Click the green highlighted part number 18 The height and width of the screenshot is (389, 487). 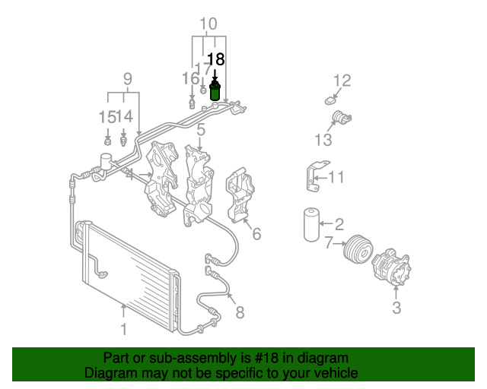tap(215, 90)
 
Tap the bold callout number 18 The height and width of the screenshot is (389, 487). tap(216, 59)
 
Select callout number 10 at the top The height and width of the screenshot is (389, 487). tap(208, 24)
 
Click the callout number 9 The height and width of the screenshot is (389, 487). tap(128, 79)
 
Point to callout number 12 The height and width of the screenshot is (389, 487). tap(342, 81)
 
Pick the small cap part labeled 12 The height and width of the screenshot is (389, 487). tap(329, 101)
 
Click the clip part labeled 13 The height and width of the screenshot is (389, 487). tap(342, 118)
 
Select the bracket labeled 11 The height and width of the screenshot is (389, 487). tap(315, 176)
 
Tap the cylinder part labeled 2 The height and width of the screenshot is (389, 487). tap(311, 225)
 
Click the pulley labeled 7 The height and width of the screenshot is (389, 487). tap(358, 250)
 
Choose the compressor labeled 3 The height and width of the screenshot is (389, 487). tap(391, 267)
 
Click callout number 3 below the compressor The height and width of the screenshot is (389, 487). tap(396, 308)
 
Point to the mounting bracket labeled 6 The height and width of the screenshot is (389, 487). tap(240, 194)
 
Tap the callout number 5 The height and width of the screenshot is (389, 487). tap(201, 129)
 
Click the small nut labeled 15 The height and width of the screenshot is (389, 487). tap(107, 141)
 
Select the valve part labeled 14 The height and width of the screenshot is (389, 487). tap(123, 141)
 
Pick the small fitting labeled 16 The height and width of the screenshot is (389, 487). tap(193, 104)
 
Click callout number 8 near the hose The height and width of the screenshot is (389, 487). tap(240, 312)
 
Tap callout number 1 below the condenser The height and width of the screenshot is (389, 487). tap(123, 330)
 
